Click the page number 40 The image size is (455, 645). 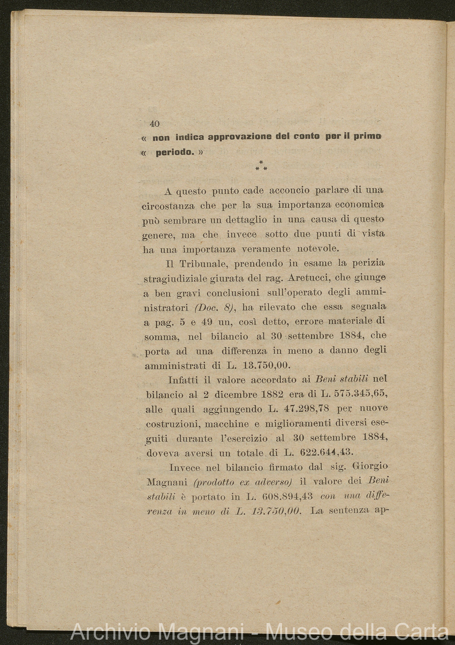155,124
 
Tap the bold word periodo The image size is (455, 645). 175,152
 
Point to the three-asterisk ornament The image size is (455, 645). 261,166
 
